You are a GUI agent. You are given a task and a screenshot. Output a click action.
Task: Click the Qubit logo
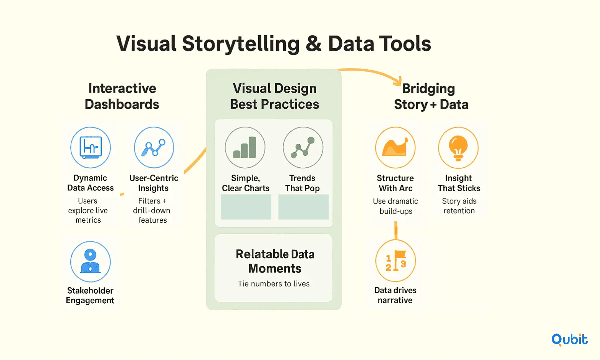coord(569,340)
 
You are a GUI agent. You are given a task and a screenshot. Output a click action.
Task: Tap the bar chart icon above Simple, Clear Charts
coord(245,148)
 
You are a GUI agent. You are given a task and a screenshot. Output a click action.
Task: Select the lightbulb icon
coord(458,148)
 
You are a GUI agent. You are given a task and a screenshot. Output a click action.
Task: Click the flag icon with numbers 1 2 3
coord(395,261)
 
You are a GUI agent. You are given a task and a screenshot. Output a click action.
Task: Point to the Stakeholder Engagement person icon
coord(91,261)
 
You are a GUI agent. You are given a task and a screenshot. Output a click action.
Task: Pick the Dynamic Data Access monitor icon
coord(91,147)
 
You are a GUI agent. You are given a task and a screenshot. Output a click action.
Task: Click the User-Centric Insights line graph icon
coord(154,147)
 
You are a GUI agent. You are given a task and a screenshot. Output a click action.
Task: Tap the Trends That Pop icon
coord(303,148)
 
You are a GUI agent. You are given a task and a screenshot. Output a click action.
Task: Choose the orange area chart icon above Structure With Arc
coord(395,148)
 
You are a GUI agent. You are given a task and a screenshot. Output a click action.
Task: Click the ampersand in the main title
coord(314,43)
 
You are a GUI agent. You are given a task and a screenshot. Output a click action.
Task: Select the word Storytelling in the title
coord(241,44)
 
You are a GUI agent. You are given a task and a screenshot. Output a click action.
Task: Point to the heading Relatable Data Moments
coord(275,261)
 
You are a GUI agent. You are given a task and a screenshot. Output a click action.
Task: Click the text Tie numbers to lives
coord(274,284)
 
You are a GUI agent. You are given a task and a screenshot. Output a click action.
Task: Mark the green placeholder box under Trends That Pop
coord(303,207)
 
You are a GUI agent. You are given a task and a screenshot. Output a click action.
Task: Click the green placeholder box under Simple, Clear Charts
coord(246,207)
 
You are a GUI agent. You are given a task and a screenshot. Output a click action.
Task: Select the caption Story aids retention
coord(459,206)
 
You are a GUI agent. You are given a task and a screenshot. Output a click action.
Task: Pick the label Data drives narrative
coord(395,295)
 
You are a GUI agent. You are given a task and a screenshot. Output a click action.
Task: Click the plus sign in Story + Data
coord(433,105)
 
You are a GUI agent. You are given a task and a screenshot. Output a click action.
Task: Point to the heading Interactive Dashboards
coord(122,96)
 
